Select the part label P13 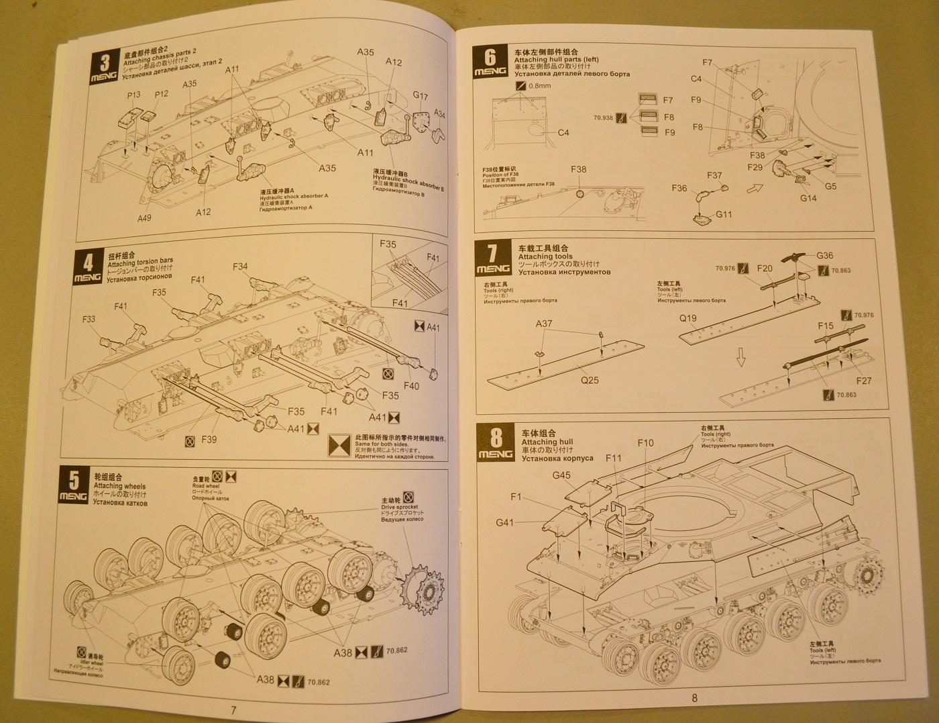coord(134,95)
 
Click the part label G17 coord(421,95)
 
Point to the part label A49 coord(145,218)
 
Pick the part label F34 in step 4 coord(240,267)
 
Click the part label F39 coord(209,440)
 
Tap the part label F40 coord(411,386)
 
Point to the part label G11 coord(724,215)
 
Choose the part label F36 coord(679,189)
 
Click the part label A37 coord(544,324)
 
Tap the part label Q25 coord(590,380)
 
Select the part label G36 coord(825,255)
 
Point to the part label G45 coord(561,475)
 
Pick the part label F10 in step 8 coord(645,443)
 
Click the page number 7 coord(233,710)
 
